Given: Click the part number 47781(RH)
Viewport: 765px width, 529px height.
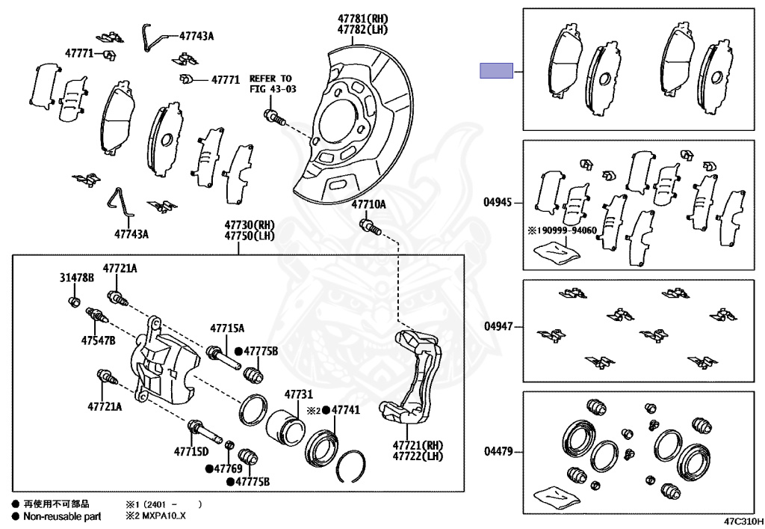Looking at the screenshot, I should (363, 19).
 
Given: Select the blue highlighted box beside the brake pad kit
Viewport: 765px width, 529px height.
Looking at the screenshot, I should (496, 71).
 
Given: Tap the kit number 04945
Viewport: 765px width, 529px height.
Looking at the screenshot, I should (498, 201).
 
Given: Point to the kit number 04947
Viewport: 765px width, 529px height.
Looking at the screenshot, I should (498, 326).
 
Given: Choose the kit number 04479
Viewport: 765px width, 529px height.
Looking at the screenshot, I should (498, 451).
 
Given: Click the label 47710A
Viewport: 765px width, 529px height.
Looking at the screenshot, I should (369, 204).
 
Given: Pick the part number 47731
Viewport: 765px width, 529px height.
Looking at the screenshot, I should (298, 394).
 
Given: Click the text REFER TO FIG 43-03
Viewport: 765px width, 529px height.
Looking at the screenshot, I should (271, 83).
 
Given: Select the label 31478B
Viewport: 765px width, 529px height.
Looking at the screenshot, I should (77, 278).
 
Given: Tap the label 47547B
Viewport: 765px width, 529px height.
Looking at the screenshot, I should (99, 340).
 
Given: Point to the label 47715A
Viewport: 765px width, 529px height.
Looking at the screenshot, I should (227, 328).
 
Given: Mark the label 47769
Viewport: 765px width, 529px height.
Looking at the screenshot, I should (228, 468).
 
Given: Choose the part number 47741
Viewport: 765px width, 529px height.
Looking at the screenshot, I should (346, 410).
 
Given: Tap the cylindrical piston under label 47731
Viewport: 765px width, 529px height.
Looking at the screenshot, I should (285, 427).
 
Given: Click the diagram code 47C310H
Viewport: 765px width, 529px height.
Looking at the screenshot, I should (742, 521).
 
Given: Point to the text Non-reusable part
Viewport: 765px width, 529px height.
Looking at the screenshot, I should (62, 516).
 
